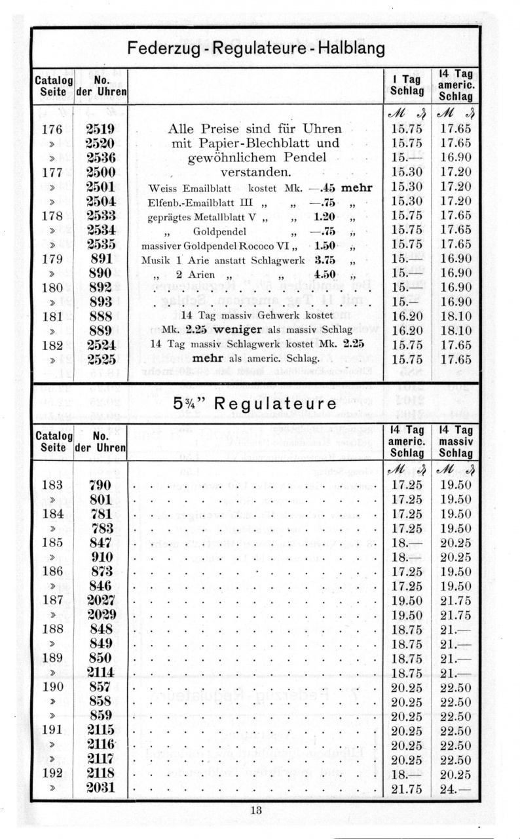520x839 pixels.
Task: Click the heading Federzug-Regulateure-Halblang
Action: pyautogui.click(x=255, y=49)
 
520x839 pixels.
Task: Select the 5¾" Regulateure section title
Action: pyautogui.click(x=255, y=404)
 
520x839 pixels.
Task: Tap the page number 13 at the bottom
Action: pyautogui.click(x=256, y=810)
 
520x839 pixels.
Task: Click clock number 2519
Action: pyautogui.click(x=100, y=129)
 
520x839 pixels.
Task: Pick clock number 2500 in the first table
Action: pyautogui.click(x=100, y=172)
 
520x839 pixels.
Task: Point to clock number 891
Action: pyautogui.click(x=100, y=258)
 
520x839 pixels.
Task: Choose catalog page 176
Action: pyautogui.click(x=52, y=129)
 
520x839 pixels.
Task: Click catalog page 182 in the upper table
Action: pyautogui.click(x=52, y=345)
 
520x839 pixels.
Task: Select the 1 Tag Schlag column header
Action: pyautogui.click(x=406, y=85)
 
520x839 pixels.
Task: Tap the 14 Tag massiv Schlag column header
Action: pyautogui.click(x=455, y=440)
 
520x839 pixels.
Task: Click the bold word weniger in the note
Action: pyautogui.click(x=227, y=328)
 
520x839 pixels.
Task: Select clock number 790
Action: pyautogui.click(x=100, y=486)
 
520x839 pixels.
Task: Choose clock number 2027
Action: pyautogui.click(x=100, y=600)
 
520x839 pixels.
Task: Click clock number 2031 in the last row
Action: pyautogui.click(x=100, y=787)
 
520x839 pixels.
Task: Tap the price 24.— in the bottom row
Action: pyautogui.click(x=455, y=787)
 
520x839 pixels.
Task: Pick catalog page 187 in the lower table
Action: pyautogui.click(x=52, y=600)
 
